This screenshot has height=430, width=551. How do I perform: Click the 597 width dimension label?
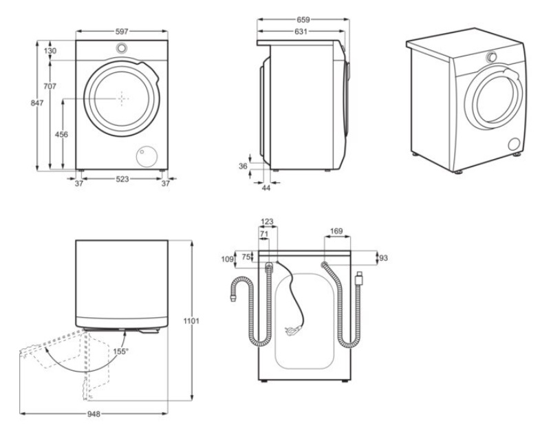122,32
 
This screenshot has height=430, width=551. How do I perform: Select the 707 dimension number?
50,86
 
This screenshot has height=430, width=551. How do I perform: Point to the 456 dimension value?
61,135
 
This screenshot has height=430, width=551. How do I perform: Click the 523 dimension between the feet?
122,180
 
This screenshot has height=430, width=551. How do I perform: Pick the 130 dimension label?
50,51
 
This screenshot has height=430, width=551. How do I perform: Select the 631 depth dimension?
301,32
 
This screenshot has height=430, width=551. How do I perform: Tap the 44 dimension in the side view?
266,187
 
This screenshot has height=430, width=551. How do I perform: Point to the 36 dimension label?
243,166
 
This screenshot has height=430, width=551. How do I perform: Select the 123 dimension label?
268,222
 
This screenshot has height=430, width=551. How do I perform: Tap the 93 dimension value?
384,258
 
